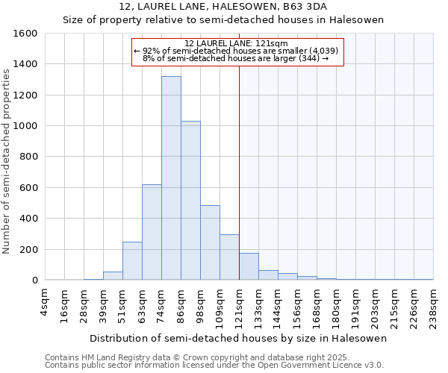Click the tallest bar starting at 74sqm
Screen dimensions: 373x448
click(171, 178)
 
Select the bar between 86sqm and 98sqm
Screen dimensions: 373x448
click(190, 200)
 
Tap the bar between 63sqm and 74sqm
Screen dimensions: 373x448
click(152, 232)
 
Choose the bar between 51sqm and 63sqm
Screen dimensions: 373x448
click(132, 260)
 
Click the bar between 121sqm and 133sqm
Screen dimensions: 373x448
click(249, 266)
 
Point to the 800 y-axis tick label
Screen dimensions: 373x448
click(28, 157)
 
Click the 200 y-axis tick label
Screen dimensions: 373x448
click(28, 249)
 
